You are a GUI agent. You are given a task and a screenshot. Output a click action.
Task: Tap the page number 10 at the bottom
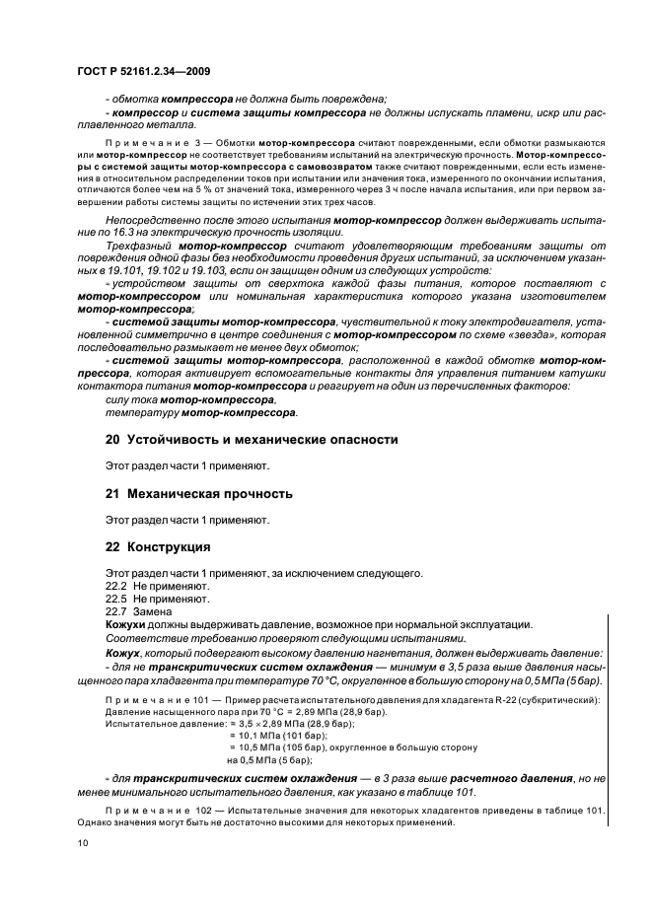pyautogui.click(x=83, y=843)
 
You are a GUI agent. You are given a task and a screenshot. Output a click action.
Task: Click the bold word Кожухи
pyautogui.click(x=125, y=625)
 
